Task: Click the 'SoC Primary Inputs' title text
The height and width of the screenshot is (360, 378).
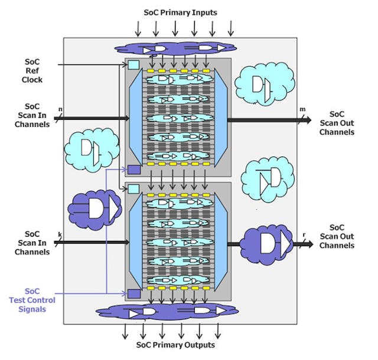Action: coord(180,12)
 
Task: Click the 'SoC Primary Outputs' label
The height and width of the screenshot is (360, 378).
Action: coord(175,345)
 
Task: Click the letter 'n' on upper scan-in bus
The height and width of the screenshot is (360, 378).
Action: coord(60,109)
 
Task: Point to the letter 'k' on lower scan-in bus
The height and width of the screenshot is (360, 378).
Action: coord(60,234)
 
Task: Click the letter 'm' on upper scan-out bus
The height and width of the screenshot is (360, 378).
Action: coord(302,109)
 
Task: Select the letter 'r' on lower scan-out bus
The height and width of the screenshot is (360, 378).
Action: coord(304,234)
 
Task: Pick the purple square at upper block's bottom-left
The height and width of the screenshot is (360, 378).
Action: coord(134,169)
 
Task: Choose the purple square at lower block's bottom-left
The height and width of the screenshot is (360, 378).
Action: coord(134,293)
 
